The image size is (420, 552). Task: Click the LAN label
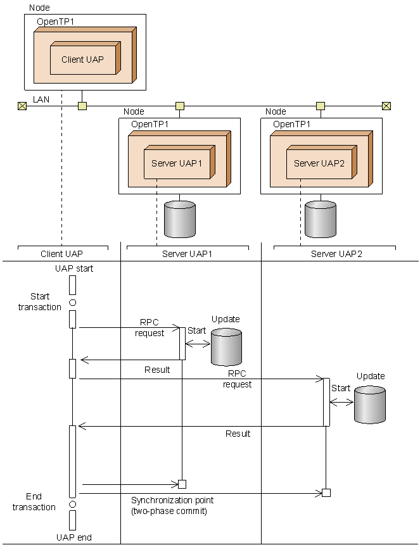tap(41, 99)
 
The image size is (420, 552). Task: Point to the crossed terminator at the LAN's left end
tap(22, 106)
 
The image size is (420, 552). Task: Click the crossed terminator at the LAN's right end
tap(386, 106)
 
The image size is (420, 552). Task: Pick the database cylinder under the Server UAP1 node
tap(180, 219)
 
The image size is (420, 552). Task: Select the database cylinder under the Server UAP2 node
tap(321, 219)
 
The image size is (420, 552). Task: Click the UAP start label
tap(74, 268)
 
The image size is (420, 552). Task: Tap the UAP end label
tap(74, 537)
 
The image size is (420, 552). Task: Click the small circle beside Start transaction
tap(73, 303)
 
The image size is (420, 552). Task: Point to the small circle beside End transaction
tap(73, 504)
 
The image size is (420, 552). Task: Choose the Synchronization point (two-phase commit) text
tap(172, 506)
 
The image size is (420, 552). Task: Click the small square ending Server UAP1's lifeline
tap(182, 484)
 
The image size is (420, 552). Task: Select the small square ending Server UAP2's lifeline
tap(326, 492)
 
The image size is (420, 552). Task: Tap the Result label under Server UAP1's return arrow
tap(157, 370)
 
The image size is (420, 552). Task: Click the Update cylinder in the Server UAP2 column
tap(369, 405)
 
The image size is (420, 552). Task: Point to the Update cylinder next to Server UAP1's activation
tap(226, 347)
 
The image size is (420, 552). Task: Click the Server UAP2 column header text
tap(336, 254)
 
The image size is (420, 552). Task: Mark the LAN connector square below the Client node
tap(82, 106)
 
